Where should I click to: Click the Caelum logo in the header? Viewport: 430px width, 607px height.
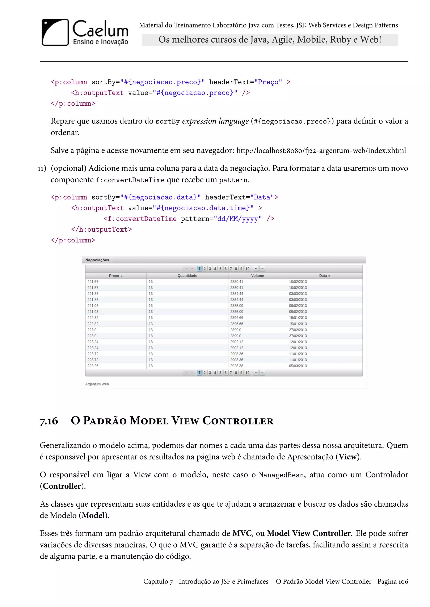85,32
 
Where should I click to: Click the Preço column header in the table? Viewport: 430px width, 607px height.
115,276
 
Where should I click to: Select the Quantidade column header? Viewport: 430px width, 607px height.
187,276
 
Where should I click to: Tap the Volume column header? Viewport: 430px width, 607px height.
257,276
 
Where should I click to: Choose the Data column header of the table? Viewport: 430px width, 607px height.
324,276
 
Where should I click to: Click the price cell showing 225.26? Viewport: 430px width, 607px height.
93,366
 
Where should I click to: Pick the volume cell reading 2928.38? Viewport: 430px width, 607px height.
237,366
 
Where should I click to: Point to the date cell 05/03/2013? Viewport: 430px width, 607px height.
298,366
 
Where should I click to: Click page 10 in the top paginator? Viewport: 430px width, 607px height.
247,269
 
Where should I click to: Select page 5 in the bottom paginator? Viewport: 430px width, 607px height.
220,373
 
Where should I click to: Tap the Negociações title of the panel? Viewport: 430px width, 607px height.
97,260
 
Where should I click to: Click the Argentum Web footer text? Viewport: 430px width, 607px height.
97,384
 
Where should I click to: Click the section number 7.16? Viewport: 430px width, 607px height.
49,421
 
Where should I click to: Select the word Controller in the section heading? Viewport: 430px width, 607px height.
238,421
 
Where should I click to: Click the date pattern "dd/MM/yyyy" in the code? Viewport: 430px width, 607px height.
237,219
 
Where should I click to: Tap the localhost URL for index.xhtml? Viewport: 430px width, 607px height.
321,151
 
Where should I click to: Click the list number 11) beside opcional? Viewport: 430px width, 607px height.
42,168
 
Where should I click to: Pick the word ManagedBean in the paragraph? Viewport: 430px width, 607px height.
281,475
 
